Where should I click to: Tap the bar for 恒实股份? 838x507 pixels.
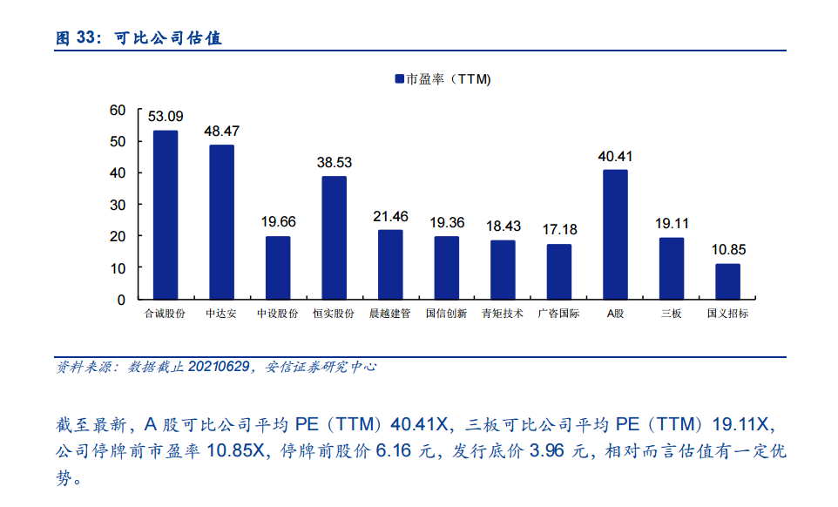[x=334, y=237]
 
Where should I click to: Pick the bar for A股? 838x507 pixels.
[x=615, y=234]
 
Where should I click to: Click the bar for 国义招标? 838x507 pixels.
[x=727, y=281]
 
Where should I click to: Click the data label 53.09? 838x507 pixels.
[x=166, y=116]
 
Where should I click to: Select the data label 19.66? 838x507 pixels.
[x=279, y=221]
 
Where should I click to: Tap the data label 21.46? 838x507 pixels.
[x=390, y=216]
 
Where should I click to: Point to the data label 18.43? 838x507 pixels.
[x=503, y=226]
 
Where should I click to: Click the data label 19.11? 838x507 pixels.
[x=672, y=223]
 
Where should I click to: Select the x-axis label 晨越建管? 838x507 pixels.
[x=390, y=314]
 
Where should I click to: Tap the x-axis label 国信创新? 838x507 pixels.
[x=446, y=314]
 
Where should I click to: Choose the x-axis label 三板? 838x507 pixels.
[x=672, y=314]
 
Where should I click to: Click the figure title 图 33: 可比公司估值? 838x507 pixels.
[x=139, y=38]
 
